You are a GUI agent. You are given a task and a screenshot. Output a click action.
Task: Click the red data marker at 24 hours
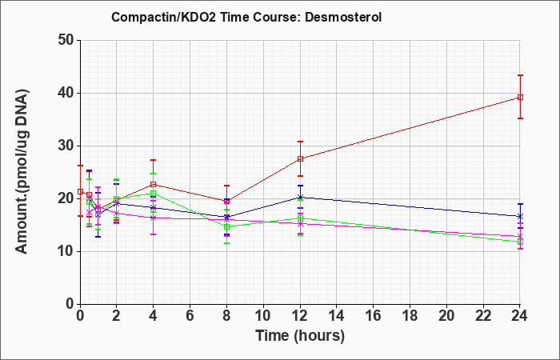pyautogui.click(x=520, y=97)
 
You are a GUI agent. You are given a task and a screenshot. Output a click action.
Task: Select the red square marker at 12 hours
pyautogui.click(x=300, y=159)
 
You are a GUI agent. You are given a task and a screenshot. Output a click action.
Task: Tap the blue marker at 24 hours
pyautogui.click(x=520, y=217)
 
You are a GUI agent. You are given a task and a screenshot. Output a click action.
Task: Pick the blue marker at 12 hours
pyautogui.click(x=300, y=197)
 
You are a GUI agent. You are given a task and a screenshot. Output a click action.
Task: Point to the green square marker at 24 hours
pyautogui.click(x=520, y=242)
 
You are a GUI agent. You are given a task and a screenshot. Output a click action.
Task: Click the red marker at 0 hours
pyautogui.click(x=80, y=191)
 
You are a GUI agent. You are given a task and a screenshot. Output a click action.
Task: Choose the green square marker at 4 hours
pyautogui.click(x=154, y=194)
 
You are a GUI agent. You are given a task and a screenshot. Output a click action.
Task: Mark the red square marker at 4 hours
pyautogui.click(x=154, y=185)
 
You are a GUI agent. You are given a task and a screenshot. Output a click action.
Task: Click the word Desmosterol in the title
pyautogui.click(x=343, y=17)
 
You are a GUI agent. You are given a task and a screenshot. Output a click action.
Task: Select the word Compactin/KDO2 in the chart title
pyautogui.click(x=163, y=17)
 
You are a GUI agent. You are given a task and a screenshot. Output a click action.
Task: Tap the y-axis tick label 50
pyautogui.click(x=66, y=40)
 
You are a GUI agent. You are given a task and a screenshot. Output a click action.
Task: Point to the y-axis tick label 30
pyautogui.click(x=66, y=146)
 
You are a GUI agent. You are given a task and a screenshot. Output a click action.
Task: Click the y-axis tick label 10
pyautogui.click(x=66, y=251)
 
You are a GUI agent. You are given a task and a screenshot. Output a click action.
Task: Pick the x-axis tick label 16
pyautogui.click(x=374, y=316)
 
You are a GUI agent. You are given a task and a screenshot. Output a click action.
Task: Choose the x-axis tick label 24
pyautogui.click(x=519, y=316)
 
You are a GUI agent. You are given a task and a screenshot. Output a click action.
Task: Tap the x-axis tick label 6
pyautogui.click(x=190, y=316)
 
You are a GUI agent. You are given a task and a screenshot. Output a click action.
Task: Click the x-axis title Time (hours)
pyautogui.click(x=300, y=336)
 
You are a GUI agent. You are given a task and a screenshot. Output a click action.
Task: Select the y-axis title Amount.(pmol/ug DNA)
pyautogui.click(x=22, y=172)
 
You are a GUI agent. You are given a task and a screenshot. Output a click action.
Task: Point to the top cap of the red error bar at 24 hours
pyautogui.click(x=520, y=75)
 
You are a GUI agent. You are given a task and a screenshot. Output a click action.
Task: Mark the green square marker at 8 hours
pyautogui.click(x=226, y=226)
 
